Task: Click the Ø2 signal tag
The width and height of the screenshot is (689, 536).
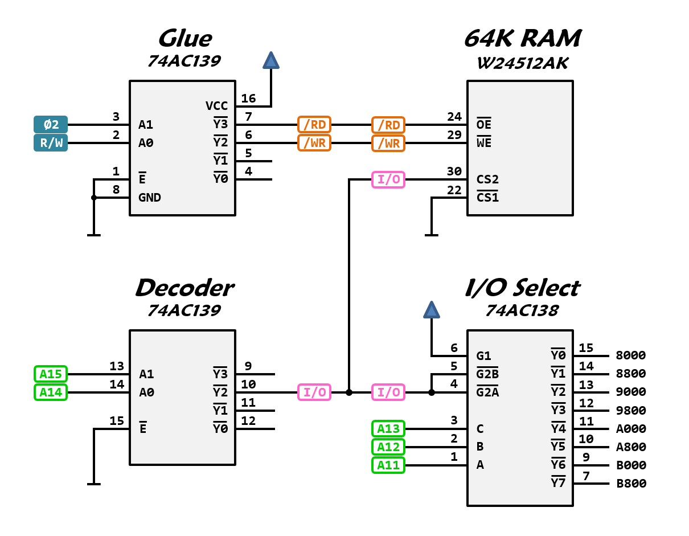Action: tap(51, 124)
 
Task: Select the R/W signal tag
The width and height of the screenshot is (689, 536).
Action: tap(51, 142)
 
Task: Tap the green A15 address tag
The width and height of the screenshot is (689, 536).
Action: tap(51, 374)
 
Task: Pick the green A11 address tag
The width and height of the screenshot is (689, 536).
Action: tap(388, 465)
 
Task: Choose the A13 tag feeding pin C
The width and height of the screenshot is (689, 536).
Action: tap(388, 428)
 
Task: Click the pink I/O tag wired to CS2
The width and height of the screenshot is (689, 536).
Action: tap(388, 180)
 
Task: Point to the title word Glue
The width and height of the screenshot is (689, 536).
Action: tap(184, 39)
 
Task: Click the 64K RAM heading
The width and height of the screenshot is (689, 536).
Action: tap(522, 39)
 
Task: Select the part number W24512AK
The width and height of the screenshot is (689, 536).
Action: tap(522, 63)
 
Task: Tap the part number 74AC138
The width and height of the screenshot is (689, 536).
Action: tap(522, 311)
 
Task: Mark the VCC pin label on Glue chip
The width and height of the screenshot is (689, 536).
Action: tap(216, 106)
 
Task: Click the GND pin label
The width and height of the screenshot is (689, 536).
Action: tap(150, 198)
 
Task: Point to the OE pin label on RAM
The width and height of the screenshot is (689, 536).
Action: tap(484, 125)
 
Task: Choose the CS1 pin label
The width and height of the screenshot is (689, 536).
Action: tap(487, 198)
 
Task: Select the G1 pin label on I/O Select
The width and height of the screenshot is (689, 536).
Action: tap(484, 356)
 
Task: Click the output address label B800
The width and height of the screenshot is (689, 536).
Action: tap(631, 484)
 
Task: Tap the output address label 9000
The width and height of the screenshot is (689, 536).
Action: tap(631, 392)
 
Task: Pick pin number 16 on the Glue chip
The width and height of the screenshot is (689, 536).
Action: tap(248, 99)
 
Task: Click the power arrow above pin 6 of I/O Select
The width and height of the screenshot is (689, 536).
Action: tap(431, 310)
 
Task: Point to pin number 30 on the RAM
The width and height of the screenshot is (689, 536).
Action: tap(454, 171)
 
